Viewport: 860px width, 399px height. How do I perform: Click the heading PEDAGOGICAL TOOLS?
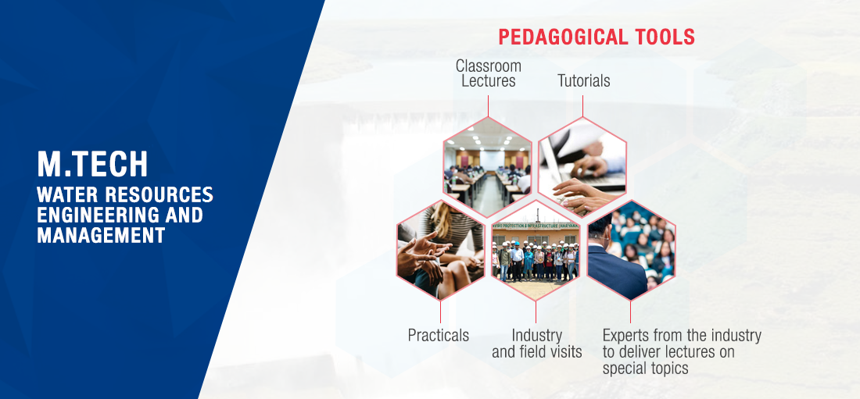597,37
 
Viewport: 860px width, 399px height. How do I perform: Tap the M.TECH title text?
92,164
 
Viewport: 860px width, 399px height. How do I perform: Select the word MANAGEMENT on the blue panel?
101,235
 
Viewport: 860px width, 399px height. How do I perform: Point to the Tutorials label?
583,81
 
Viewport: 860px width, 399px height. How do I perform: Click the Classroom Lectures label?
488,73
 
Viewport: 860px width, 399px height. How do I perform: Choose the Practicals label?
439,335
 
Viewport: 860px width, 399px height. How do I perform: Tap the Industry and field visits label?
536,343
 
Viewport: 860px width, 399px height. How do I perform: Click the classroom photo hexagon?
488,166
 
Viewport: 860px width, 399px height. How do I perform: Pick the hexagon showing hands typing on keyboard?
582,166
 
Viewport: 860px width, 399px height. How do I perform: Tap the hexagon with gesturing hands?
441,250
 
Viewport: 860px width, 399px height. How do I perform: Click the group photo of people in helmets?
536,250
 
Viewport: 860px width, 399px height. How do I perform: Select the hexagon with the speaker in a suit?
631,250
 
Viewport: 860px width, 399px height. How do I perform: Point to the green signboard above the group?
536,225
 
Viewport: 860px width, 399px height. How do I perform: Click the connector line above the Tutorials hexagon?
583,106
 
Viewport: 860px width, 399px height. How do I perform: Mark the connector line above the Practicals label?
440,312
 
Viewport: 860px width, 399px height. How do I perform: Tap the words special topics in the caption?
646,369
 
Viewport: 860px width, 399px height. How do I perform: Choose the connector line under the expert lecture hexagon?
630,312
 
